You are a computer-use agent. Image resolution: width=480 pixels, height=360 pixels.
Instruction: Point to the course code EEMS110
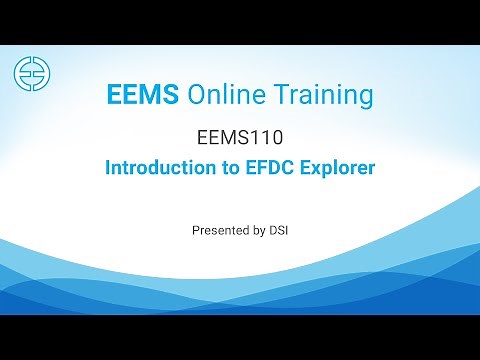(x=240, y=135)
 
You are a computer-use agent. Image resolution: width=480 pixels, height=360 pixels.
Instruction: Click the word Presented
(x=220, y=230)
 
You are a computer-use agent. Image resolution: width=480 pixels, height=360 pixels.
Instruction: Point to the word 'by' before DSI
(x=259, y=231)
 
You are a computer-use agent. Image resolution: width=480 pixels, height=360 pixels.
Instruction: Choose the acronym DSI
(x=279, y=230)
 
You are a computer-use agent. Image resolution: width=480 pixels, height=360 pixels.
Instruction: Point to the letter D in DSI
(x=272, y=230)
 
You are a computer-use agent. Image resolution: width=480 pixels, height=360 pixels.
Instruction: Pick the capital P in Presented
(x=195, y=230)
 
